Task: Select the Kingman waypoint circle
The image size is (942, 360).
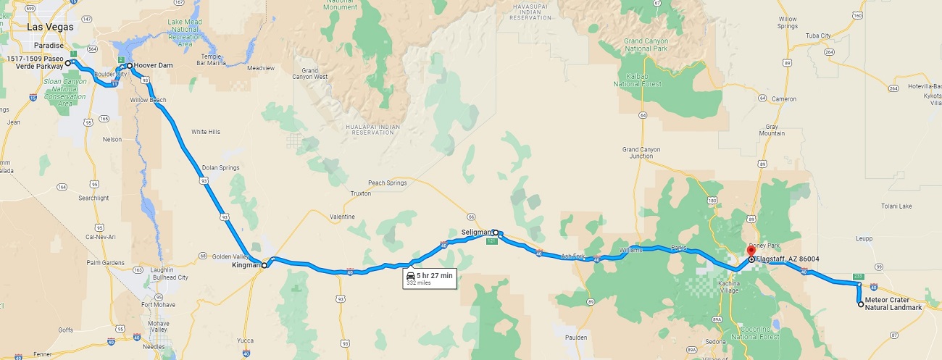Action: click(264, 266)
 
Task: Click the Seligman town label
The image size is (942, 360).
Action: click(475, 232)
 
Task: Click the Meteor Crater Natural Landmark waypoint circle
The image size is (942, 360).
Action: click(861, 305)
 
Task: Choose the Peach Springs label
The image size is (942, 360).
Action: click(387, 183)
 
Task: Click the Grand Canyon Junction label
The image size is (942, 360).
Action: click(641, 153)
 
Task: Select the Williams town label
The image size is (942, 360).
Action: click(631, 251)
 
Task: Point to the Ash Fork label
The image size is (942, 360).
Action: click(572, 256)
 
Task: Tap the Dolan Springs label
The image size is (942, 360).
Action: click(220, 167)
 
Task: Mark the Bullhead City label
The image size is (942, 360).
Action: click(172, 277)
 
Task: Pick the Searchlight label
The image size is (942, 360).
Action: click(93, 198)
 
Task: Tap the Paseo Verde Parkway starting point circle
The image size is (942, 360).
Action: click(67, 64)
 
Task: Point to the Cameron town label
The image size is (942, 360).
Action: click(784, 99)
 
